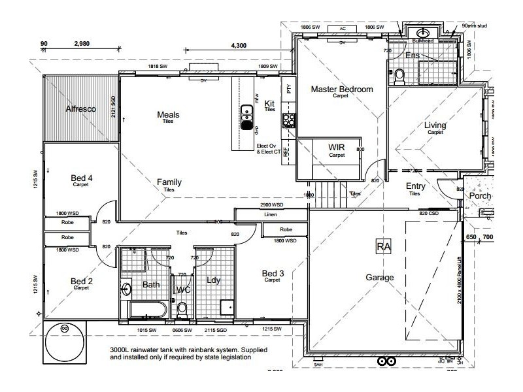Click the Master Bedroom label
(x=341, y=89)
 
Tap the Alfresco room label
(x=81, y=108)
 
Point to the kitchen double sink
(x=247, y=117)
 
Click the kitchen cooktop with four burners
(x=288, y=120)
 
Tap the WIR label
(x=337, y=148)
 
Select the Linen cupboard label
(x=271, y=214)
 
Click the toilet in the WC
(x=182, y=307)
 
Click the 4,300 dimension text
(x=239, y=45)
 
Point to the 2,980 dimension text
(x=82, y=44)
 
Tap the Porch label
(x=481, y=195)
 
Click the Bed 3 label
(x=273, y=273)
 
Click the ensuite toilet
(x=400, y=76)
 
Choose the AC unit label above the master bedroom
(x=342, y=29)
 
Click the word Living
(x=435, y=125)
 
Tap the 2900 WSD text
(x=271, y=204)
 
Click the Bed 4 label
(x=82, y=178)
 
